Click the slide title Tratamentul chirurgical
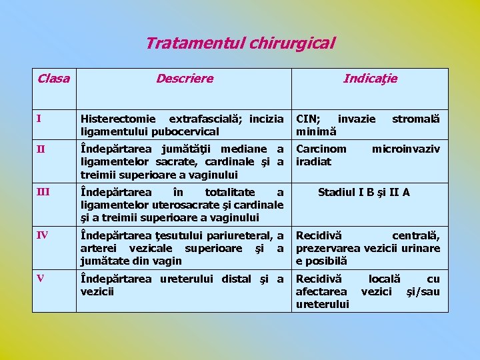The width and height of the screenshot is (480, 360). click(240, 44)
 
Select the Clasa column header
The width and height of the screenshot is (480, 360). click(53, 79)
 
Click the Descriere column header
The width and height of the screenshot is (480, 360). click(185, 79)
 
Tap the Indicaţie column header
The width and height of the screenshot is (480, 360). click(370, 79)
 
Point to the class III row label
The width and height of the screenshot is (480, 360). click(43, 193)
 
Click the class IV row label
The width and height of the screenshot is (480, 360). click(42, 235)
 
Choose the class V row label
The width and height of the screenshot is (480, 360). click(40, 279)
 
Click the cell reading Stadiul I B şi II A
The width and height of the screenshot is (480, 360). click(364, 193)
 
